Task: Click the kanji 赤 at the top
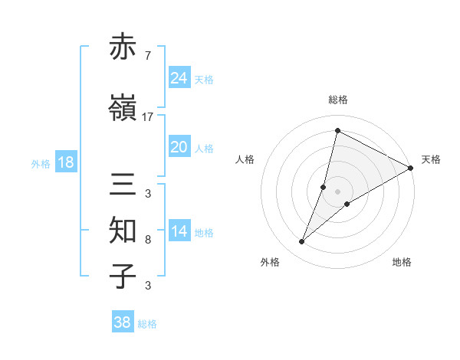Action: coord(124,47)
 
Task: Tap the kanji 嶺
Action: coord(124,109)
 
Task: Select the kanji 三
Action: coord(124,185)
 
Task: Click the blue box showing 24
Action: coord(179,78)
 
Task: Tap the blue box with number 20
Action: coord(179,147)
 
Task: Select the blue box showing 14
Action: coord(179,231)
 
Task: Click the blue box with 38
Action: coord(123,322)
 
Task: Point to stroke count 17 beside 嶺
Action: coord(148,116)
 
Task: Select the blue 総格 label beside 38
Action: coord(147,324)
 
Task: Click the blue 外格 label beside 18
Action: coord(40,163)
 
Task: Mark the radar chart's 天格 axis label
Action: coord(431,159)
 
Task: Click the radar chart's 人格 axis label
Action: coord(245,159)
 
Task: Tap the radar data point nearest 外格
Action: coord(302,242)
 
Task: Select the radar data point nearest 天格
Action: coord(411,169)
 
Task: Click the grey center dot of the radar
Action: coord(337,191)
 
